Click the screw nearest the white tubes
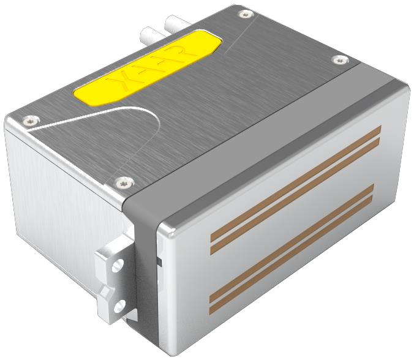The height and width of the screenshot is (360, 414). pos(246,14)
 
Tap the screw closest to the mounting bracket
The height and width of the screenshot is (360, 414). pos(124,182)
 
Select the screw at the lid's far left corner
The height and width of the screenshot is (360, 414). pos(31,121)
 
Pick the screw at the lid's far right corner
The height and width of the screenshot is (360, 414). pos(341,60)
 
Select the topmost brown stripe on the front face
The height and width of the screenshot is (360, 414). pos(296,184)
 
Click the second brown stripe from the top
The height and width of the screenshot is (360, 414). pos(295,196)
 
